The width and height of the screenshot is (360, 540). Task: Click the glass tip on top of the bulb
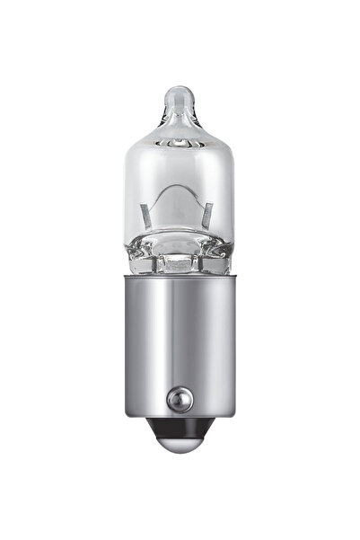click(180, 95)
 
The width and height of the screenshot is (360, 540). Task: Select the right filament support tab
click(208, 216)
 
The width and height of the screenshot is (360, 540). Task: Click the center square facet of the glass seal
click(180, 262)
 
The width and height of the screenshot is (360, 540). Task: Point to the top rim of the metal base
click(180, 277)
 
